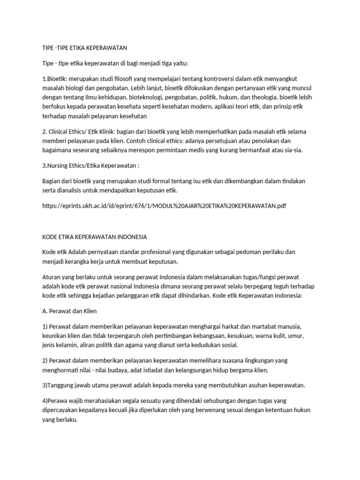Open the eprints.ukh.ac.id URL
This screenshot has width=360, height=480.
point(163,206)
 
